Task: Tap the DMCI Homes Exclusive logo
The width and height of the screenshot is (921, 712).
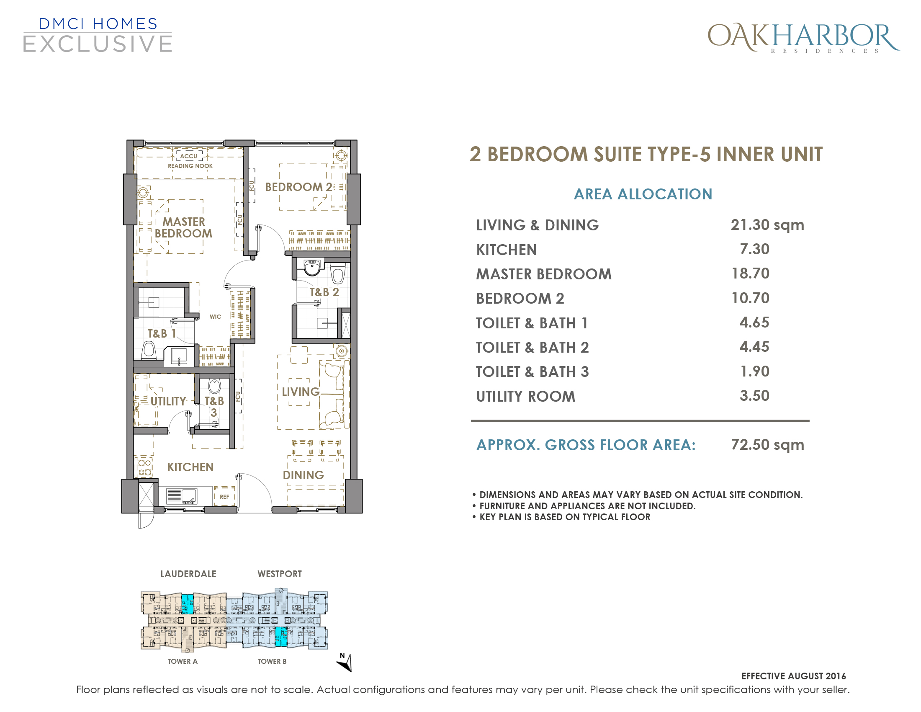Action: (98, 35)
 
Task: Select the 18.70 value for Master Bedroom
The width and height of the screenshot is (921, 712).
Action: (750, 273)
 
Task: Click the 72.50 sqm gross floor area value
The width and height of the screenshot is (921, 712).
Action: (767, 444)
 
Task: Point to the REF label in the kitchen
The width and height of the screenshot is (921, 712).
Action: (224, 496)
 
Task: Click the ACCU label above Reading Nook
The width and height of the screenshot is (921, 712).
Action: (188, 156)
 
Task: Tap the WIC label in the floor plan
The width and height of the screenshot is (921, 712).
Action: (215, 316)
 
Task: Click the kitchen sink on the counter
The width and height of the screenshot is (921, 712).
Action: (182, 496)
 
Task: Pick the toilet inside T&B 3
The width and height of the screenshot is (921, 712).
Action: (214, 385)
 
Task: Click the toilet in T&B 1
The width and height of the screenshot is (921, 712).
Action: (148, 350)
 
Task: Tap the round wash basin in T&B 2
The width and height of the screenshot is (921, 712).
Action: (312, 268)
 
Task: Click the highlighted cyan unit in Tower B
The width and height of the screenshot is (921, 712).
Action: (281, 637)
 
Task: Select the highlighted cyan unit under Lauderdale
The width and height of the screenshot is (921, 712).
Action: (187, 603)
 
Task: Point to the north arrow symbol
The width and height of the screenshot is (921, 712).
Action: (345, 662)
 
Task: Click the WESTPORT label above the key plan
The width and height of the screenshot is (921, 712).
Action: (280, 574)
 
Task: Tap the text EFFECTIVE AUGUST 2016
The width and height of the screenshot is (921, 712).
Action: (793, 676)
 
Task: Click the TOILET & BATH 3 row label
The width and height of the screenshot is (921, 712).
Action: (532, 371)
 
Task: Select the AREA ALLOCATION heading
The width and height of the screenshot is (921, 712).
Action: (643, 194)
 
